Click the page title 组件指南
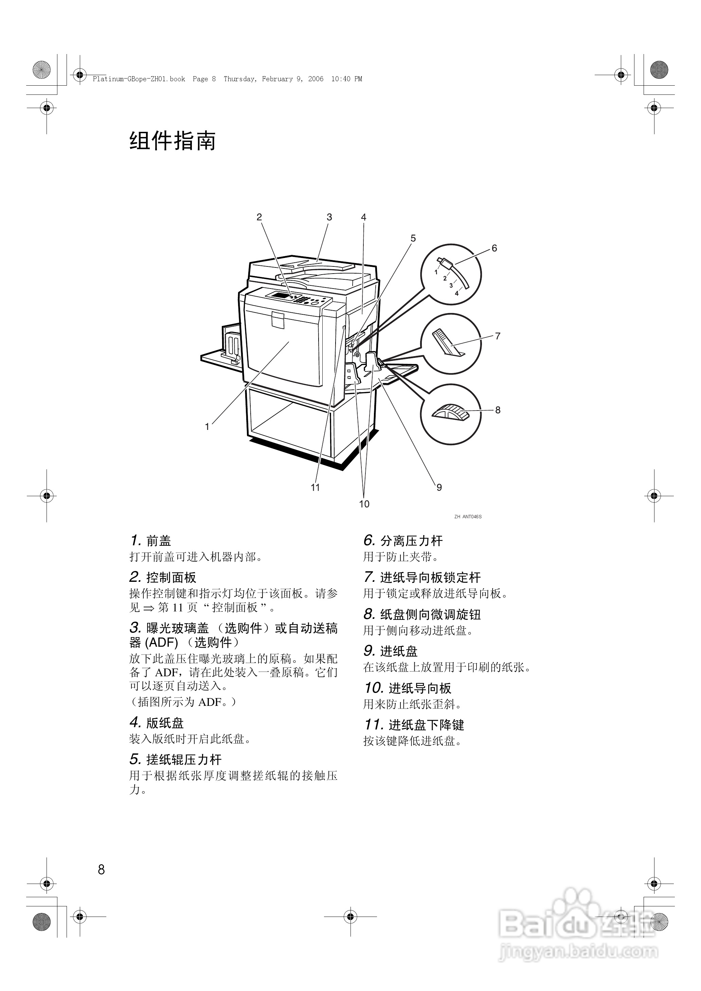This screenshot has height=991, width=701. tap(172, 141)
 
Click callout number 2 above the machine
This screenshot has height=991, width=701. tap(259, 217)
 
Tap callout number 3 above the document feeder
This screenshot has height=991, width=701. tap(329, 217)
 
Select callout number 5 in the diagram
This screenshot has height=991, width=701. tap(413, 238)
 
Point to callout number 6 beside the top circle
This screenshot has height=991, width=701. tap(494, 248)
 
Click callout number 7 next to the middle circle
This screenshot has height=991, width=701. tap(498, 336)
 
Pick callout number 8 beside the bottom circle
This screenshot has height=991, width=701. tap(498, 410)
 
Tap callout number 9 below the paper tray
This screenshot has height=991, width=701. tap(439, 487)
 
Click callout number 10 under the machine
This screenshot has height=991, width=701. tap(364, 504)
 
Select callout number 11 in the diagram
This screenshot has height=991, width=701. tap(315, 487)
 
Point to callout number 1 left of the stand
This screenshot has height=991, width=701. tap(207, 427)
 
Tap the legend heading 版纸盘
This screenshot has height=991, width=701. tap(165, 723)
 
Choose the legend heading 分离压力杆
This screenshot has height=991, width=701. tap(411, 541)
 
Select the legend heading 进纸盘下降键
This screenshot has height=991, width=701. tap(426, 725)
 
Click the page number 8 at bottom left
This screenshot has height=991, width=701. tap(102, 870)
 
